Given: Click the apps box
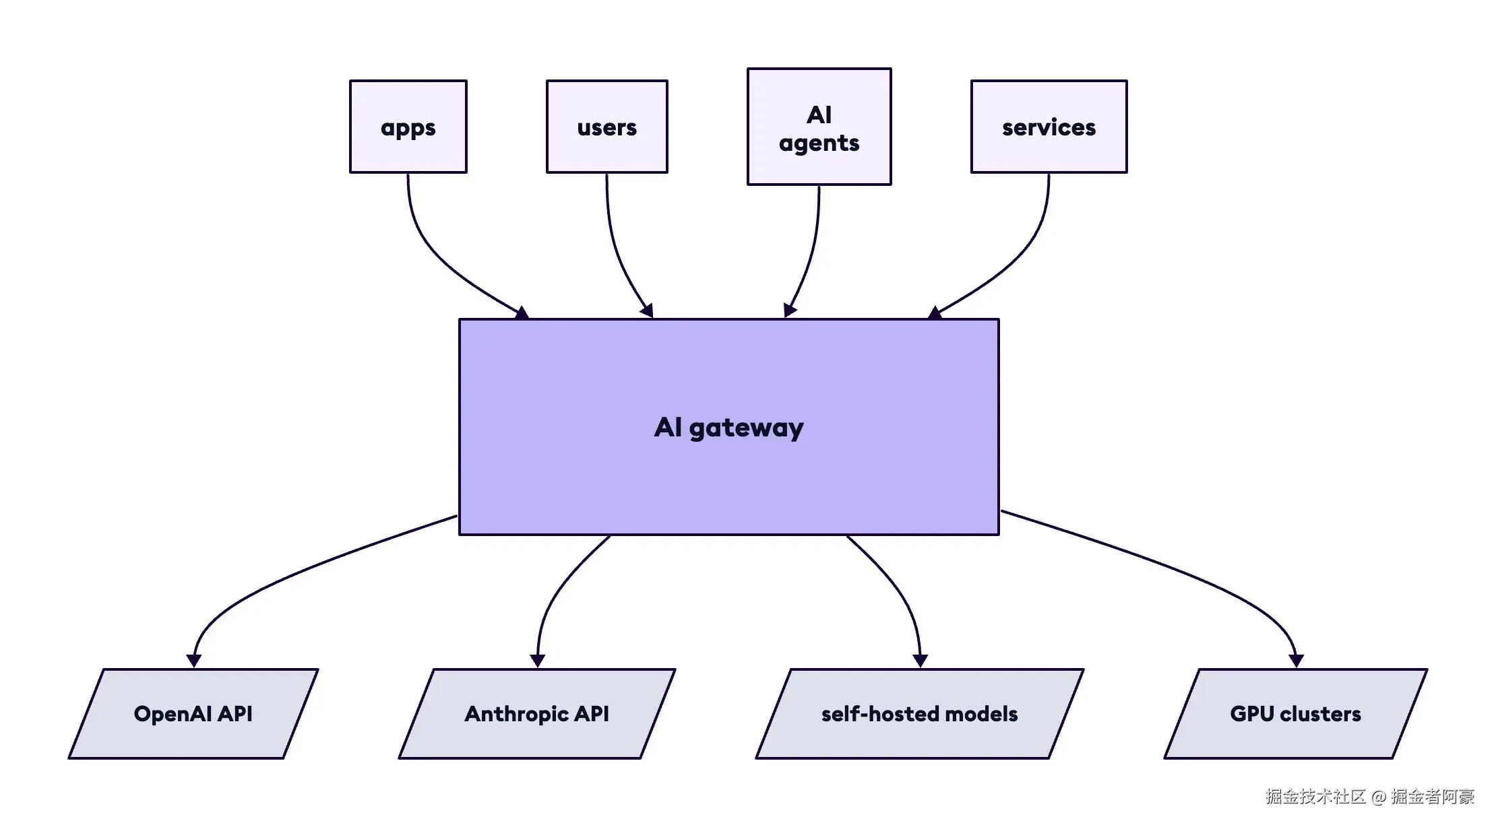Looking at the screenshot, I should tap(408, 127).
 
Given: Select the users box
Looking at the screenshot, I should tap(606, 127).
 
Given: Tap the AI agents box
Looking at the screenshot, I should tap(819, 127).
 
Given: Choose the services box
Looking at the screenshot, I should tap(1049, 127).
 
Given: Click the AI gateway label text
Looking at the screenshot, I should tap(729, 428).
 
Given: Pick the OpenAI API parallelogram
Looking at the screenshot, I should tap(193, 714).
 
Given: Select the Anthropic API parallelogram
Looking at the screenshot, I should tap(536, 714).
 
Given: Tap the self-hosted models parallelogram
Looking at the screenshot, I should tap(919, 714).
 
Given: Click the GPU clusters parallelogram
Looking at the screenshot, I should tap(1295, 714).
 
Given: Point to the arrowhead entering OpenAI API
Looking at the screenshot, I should tap(194, 660).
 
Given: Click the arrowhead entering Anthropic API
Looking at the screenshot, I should tap(537, 660).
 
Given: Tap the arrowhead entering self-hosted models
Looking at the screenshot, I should tap(920, 660).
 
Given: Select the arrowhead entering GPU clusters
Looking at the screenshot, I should tap(1296, 660).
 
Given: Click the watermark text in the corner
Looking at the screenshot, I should tap(1369, 797).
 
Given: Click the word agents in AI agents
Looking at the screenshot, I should tap(819, 143).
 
